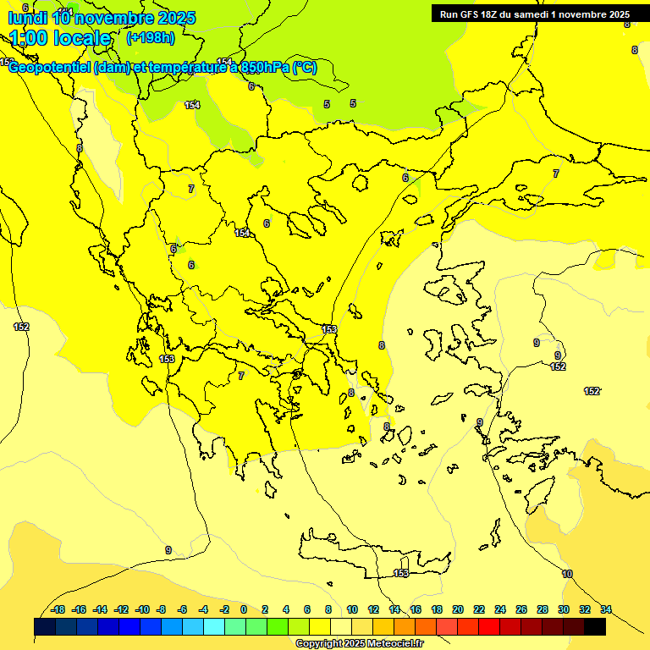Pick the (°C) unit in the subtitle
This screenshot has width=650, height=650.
(305, 68)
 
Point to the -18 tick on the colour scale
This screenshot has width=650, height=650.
(58, 609)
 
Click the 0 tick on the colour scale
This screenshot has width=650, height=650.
(244, 609)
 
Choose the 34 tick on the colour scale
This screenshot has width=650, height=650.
(606, 609)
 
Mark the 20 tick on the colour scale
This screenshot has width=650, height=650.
(458, 609)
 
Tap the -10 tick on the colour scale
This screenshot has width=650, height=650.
(141, 609)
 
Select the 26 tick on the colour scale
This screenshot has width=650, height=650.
(521, 609)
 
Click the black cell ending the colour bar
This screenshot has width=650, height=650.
(595, 626)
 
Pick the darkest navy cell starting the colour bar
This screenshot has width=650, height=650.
(45, 626)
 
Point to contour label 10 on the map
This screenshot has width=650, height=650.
(567, 574)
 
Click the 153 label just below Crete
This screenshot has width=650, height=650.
(401, 573)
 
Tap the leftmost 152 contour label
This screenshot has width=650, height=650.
(21, 327)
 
